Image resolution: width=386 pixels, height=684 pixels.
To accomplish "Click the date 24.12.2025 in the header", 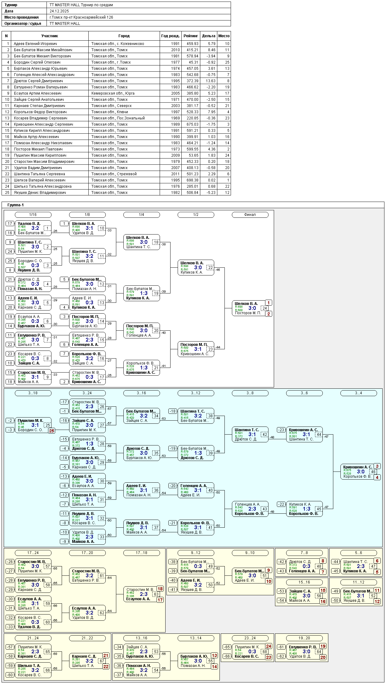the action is (x=59, y=11).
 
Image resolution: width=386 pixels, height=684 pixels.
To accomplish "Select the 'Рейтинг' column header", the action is (x=191, y=36).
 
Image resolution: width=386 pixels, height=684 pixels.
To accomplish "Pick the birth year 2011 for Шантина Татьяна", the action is (x=175, y=174).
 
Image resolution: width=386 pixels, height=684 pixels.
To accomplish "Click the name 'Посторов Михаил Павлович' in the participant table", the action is (x=38, y=149).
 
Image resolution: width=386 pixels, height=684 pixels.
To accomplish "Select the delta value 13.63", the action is (x=208, y=81).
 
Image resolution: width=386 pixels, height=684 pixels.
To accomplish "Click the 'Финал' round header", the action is (x=250, y=215).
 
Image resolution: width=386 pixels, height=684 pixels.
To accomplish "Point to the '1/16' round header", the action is (x=33, y=215).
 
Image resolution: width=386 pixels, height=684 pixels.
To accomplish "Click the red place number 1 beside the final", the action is (x=268, y=303).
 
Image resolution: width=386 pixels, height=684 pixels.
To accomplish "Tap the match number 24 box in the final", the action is (x=264, y=308).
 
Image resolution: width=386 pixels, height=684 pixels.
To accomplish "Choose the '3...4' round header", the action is (x=358, y=393).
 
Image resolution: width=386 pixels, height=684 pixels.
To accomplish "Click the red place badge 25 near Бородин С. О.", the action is (x=51, y=431).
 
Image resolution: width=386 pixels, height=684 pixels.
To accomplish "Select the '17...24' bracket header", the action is (x=33, y=553).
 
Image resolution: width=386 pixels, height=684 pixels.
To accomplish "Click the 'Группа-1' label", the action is (x=16, y=205).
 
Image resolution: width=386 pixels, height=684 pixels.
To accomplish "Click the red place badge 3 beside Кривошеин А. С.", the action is (x=377, y=466).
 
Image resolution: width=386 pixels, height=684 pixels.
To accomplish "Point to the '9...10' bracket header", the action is (x=250, y=553).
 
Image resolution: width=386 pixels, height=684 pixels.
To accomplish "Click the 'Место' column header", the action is (x=224, y=36).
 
